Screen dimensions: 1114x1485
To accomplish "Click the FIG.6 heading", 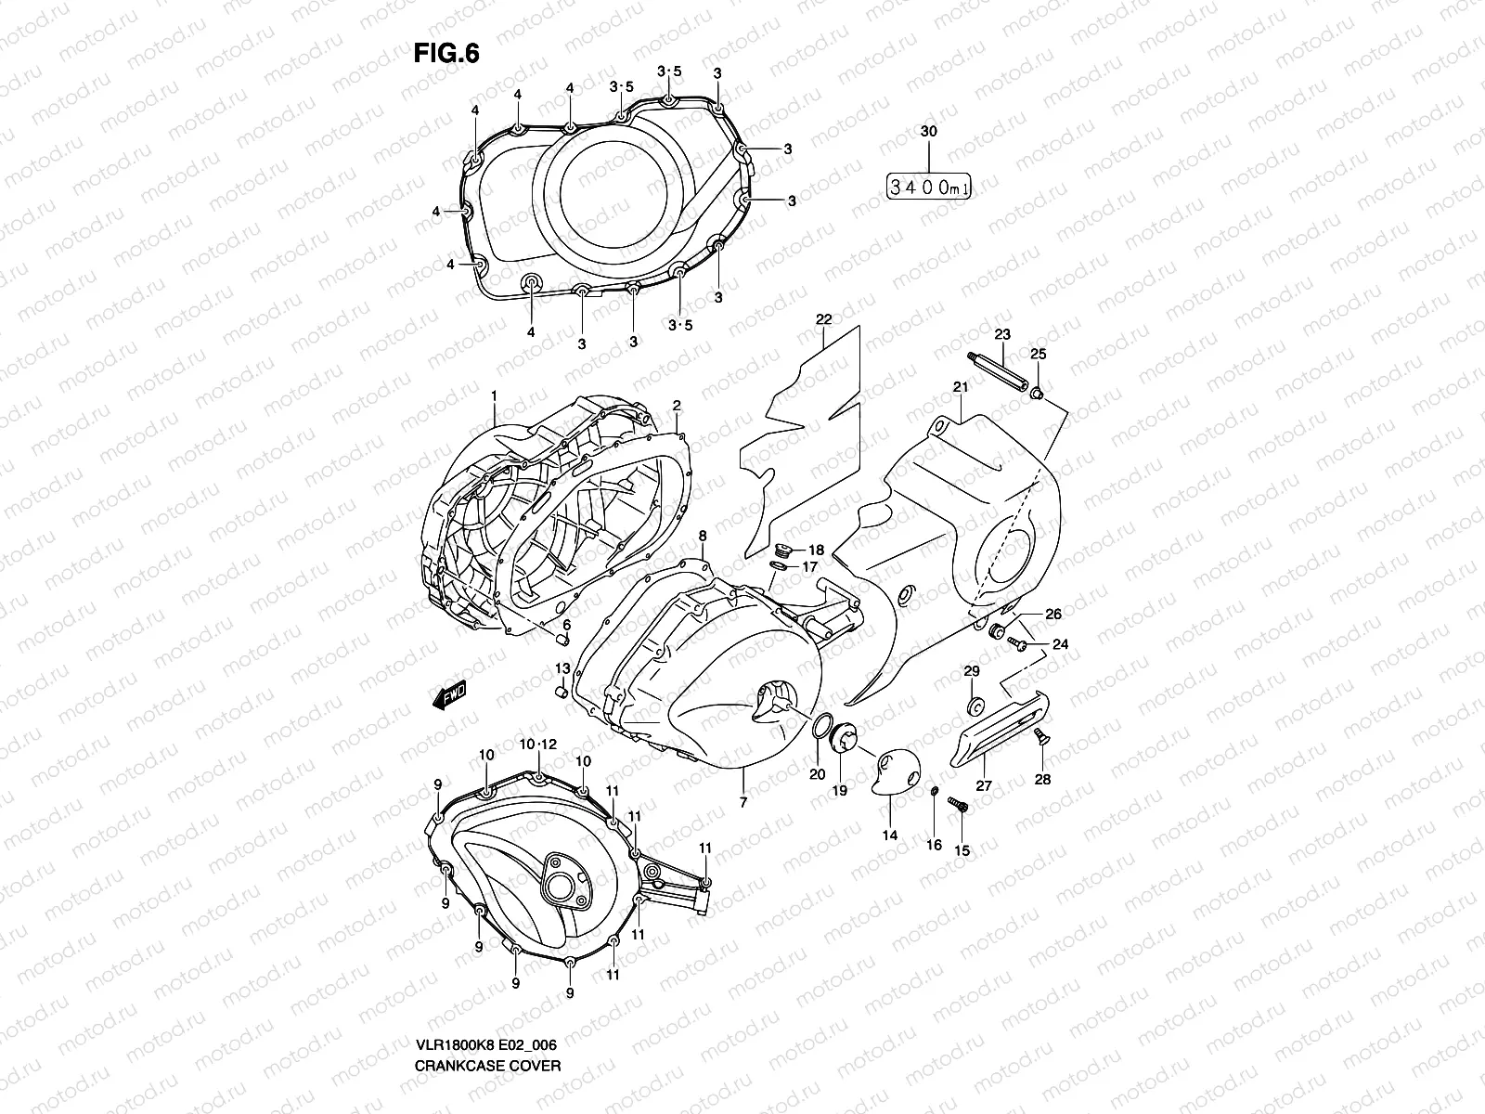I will coord(446,55).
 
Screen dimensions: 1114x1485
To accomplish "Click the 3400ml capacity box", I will coord(929,188).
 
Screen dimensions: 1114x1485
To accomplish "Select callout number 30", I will coord(928,133).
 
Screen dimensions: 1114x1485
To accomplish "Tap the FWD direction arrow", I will coord(448,695).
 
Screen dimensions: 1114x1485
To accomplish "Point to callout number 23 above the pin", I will coord(1001,334).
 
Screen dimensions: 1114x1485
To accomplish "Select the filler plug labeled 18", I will coord(783,551).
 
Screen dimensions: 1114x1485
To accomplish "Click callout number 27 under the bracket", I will coord(984,785).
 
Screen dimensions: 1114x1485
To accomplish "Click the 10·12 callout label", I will coord(537,745).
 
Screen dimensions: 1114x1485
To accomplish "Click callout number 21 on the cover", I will coord(959,387).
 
